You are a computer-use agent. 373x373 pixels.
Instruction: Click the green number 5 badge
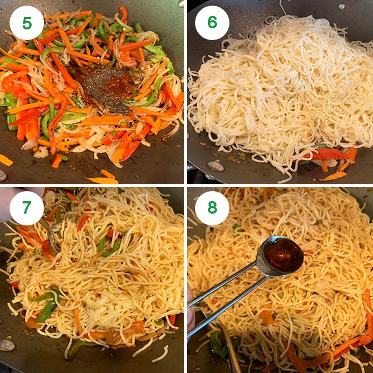27,23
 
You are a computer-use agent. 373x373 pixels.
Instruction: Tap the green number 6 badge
212,23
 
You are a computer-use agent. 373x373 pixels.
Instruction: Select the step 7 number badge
27,207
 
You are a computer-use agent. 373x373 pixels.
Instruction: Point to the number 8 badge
212,207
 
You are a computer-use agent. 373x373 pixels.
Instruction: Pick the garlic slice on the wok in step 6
215,166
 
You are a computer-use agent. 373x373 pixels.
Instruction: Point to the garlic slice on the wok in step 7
7,345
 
